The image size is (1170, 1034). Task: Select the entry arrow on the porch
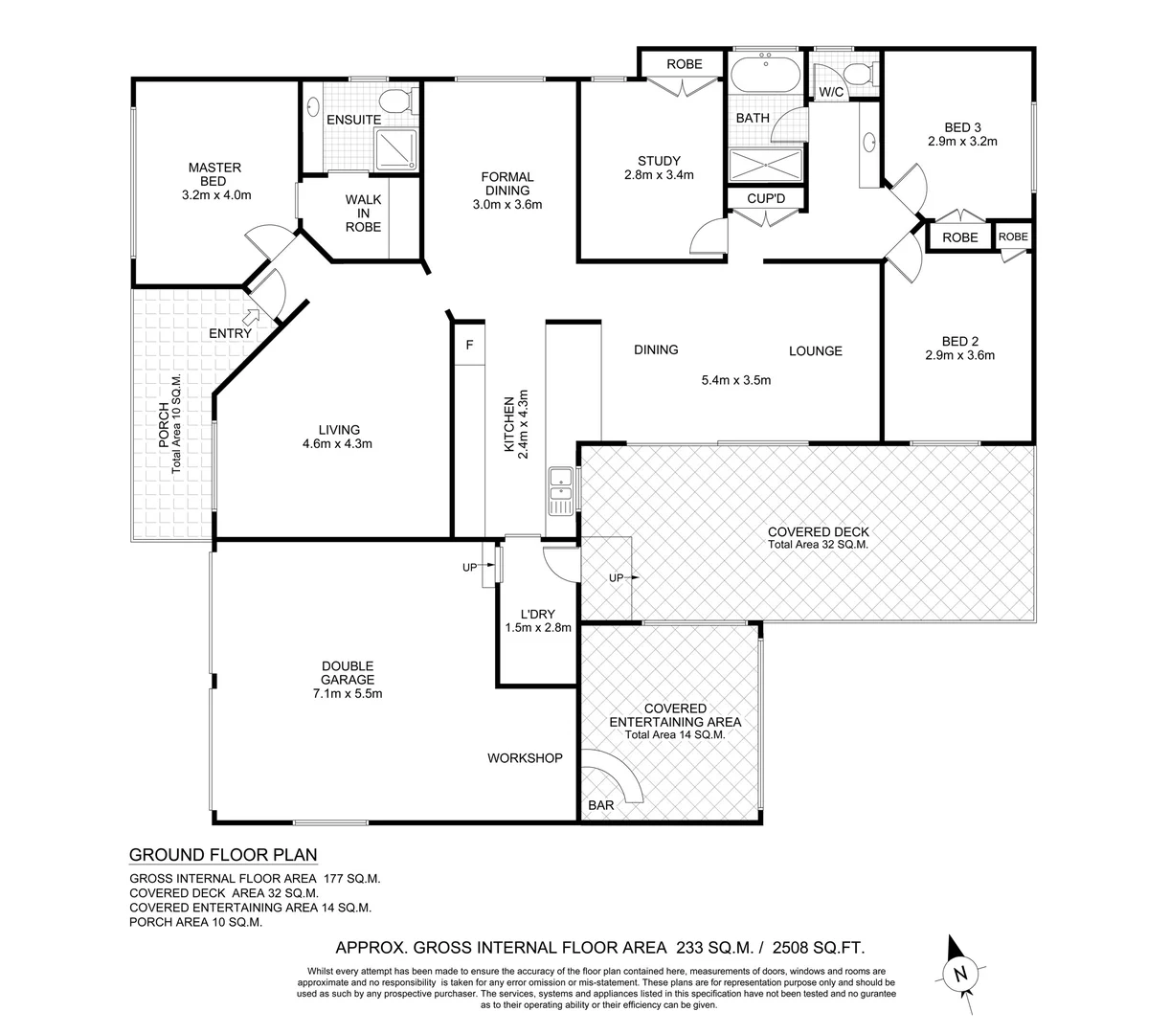[x=254, y=315]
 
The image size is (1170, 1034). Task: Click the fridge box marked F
[x=469, y=346]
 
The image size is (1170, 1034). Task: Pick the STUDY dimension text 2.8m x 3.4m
[x=659, y=175]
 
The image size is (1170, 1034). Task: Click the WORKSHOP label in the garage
[x=525, y=758]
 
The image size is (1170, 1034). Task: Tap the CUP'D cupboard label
[x=766, y=198]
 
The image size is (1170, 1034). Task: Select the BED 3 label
[x=962, y=126]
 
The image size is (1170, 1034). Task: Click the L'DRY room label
[x=537, y=614]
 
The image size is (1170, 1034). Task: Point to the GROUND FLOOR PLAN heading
[x=222, y=855]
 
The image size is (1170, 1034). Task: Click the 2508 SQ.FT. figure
[x=818, y=949]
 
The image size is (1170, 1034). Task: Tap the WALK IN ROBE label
[x=363, y=214]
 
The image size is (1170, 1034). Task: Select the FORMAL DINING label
[x=506, y=183]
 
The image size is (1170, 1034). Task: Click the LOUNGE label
[x=815, y=350]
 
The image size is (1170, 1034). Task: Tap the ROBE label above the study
[x=684, y=64]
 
